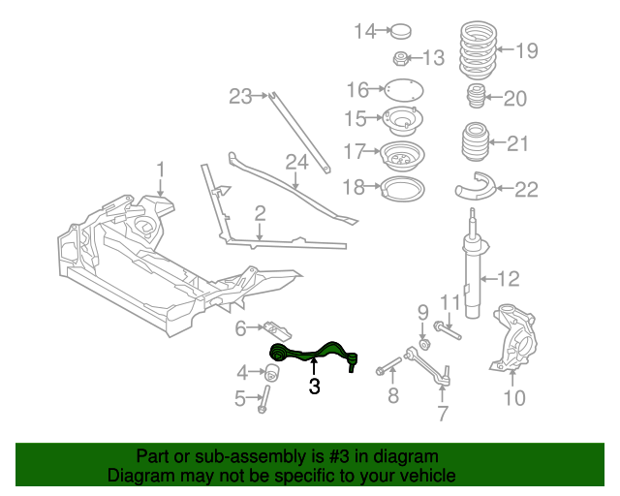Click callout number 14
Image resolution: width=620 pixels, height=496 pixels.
(364, 31)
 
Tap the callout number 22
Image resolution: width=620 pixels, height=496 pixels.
(525, 189)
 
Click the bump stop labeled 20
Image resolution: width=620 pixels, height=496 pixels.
(476, 98)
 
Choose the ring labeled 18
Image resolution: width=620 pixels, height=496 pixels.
(399, 187)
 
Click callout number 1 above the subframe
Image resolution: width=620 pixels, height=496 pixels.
(162, 168)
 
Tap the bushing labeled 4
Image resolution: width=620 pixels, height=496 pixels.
(273, 372)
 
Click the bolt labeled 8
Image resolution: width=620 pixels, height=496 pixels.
(386, 367)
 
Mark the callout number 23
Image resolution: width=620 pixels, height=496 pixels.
(240, 96)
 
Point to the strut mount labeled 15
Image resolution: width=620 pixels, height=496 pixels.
(398, 121)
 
